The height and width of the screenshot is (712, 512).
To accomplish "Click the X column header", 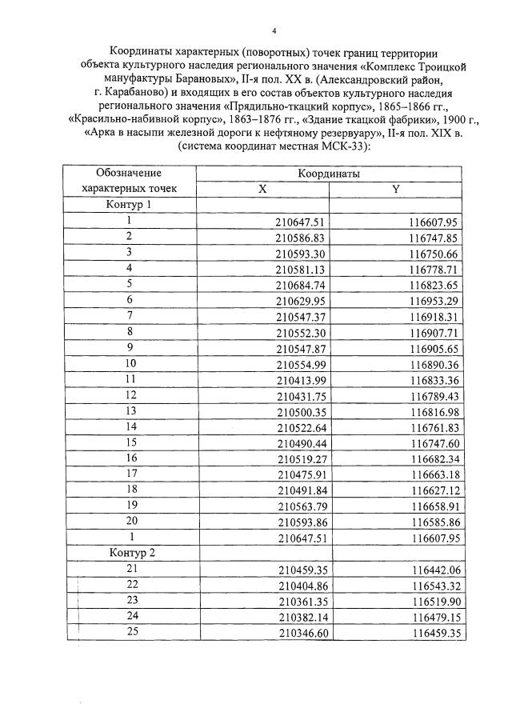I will pyautogui.click(x=262, y=189).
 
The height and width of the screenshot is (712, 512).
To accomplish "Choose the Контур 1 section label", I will pyautogui.click(x=129, y=205).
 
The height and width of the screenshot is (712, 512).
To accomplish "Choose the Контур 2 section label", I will pyautogui.click(x=129, y=553).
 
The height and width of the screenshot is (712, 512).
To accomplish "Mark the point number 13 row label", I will pyautogui.click(x=130, y=410).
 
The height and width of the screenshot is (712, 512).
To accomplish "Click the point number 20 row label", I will pyautogui.click(x=130, y=521).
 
